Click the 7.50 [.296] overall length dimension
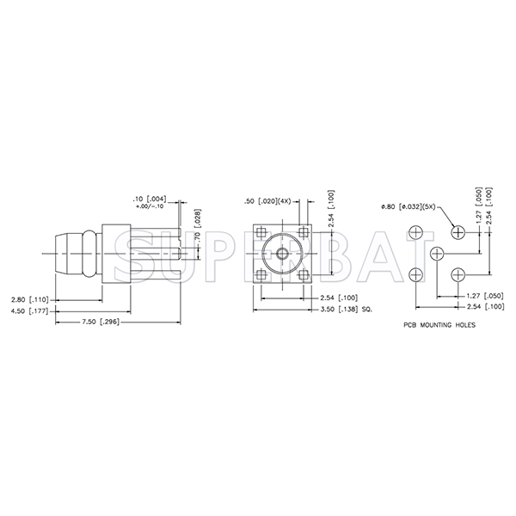(x=101, y=322)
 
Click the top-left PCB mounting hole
(x=416, y=232)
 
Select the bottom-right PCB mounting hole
(x=458, y=273)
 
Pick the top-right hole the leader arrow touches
(x=458, y=232)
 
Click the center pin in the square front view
(x=282, y=253)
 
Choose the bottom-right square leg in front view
(x=303, y=274)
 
